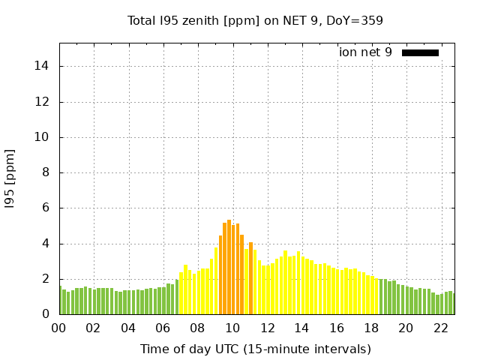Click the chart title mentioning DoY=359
tap(255, 20)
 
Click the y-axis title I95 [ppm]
tap(10, 178)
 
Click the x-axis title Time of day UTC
tap(255, 349)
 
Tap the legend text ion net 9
tap(365, 52)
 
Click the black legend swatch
tap(420, 52)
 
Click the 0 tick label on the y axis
tap(46, 314)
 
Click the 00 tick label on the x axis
tap(58, 328)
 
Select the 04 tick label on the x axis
tap(128, 328)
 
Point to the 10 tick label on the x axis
tap(232, 328)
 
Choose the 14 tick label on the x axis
tap(301, 328)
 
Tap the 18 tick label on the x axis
tap(371, 328)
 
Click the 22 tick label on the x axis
tap(440, 328)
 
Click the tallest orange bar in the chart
tap(229, 267)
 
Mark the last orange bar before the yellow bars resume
tap(250, 278)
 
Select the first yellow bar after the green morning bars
tap(181, 293)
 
